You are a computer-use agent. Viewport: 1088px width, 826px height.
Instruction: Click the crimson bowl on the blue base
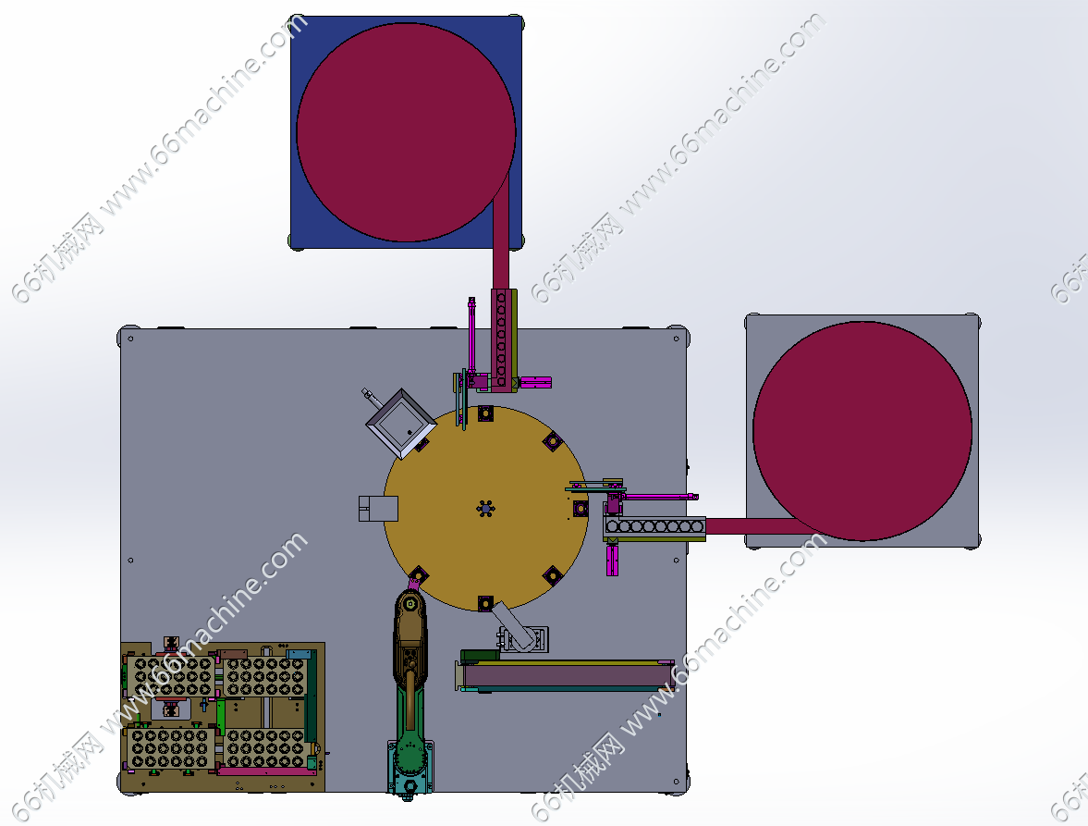click(406, 132)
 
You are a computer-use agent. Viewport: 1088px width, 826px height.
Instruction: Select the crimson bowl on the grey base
click(862, 431)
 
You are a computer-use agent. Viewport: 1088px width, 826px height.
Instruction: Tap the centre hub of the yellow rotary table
click(485, 509)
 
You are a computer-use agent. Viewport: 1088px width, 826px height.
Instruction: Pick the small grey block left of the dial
click(378, 509)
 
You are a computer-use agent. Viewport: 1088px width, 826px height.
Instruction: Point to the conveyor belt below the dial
click(566, 675)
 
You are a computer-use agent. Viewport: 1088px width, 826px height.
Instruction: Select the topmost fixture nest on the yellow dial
click(485, 414)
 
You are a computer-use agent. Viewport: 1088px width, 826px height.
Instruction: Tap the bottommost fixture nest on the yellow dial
click(485, 603)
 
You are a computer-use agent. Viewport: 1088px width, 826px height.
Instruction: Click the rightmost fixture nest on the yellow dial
click(581, 509)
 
